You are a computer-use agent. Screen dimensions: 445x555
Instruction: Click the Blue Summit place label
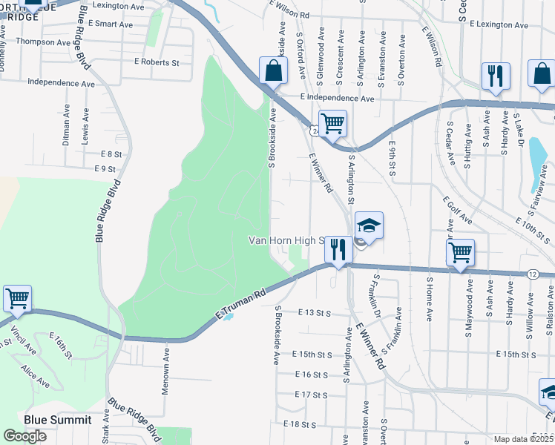point(58,420)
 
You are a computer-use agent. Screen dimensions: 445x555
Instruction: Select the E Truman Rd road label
point(240,304)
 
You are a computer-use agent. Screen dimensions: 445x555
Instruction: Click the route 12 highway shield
point(533,274)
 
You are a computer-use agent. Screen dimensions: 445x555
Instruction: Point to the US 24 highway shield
point(316,131)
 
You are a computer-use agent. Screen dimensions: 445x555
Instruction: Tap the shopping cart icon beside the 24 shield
point(332,122)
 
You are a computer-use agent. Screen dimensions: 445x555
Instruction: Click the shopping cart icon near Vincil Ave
point(17,298)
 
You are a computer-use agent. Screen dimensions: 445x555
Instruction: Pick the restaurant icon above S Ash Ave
point(495,75)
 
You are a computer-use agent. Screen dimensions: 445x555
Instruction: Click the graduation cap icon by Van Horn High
point(369,224)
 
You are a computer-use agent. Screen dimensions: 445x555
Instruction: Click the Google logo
point(24,436)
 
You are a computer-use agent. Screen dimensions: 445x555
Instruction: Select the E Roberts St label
point(157,63)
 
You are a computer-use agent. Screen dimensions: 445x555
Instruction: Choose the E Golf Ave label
point(457,209)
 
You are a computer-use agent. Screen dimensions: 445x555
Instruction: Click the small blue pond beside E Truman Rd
point(229,317)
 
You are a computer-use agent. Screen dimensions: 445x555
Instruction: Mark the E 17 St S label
point(310,395)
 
